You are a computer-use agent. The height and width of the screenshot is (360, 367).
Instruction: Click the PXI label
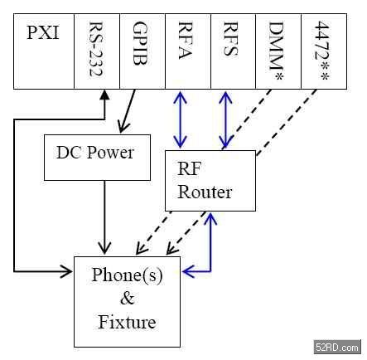[43, 32]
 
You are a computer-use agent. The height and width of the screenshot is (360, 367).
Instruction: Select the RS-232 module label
[96, 49]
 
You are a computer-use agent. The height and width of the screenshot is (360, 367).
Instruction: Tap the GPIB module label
[140, 43]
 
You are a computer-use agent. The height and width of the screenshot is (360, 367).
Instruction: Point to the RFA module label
[185, 41]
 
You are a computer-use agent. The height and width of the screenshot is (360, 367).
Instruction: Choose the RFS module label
[230, 39]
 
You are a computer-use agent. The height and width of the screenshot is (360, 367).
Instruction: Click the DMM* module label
[276, 51]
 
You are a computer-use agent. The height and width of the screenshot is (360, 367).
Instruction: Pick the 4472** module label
[321, 51]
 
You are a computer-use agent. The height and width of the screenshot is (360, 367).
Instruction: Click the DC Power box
[97, 158]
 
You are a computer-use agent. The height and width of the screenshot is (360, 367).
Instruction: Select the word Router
[205, 192]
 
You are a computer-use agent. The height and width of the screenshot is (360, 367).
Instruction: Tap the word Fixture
[127, 322]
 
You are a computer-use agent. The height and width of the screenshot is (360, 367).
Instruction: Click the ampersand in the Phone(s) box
[128, 298]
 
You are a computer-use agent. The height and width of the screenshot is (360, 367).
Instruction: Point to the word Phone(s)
[127, 275]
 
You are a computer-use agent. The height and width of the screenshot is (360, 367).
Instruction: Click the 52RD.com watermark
[337, 347]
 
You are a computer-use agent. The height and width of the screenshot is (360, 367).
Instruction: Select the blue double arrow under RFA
[180, 119]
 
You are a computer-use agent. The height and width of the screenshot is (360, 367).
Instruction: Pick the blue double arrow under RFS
[225, 119]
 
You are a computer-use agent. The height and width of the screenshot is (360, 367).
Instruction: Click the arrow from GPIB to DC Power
[127, 111]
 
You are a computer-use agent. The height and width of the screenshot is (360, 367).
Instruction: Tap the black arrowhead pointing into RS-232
[104, 95]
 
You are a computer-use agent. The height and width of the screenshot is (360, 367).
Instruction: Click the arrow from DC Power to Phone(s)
[104, 217]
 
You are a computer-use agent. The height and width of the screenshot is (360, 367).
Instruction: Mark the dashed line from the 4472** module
[287, 122]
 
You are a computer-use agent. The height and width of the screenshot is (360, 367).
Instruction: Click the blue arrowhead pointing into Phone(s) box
[189, 271]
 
